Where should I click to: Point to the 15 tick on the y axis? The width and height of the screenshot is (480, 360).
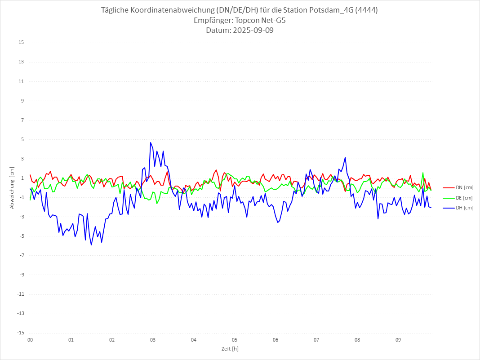[21, 43]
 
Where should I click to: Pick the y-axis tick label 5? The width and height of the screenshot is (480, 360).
[22, 139]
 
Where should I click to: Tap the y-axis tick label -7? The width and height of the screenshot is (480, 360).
[21, 255]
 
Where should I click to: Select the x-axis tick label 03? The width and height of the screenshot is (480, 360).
[153, 340]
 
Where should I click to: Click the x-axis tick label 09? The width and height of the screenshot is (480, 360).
[398, 340]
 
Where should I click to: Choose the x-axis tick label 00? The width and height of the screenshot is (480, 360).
[30, 340]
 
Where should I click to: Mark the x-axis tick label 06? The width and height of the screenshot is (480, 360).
[276, 340]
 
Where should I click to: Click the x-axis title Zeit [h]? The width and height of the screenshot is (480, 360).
[230, 349]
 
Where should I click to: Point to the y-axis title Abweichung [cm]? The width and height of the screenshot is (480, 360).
[12, 187]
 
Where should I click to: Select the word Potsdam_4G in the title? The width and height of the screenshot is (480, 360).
[331, 10]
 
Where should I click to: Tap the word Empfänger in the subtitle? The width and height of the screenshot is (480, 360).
[213, 21]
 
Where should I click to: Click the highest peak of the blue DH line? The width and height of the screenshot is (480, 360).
[151, 142]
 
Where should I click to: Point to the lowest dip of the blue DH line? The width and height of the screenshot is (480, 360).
[91, 245]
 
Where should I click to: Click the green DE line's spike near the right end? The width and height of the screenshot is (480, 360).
[423, 173]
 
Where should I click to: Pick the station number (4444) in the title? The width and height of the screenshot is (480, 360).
[366, 10]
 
